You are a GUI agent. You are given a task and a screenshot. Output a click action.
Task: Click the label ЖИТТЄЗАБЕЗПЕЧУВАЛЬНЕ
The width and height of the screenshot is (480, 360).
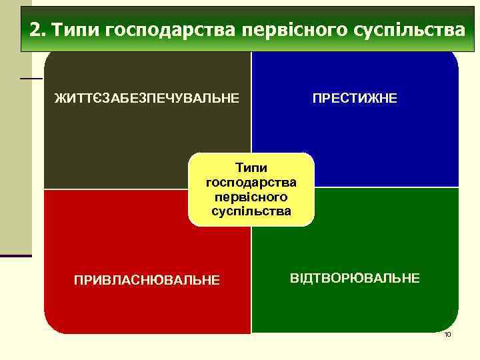point(146,99)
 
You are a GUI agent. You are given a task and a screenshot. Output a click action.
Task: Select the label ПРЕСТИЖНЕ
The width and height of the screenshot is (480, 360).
point(355,99)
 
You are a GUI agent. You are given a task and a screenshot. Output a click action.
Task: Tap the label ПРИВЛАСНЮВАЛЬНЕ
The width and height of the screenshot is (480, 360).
point(146,279)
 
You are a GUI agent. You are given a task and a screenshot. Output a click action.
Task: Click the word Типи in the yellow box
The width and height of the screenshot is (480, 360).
point(251,169)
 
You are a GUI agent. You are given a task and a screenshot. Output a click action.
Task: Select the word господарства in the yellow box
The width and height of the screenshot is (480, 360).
point(251,182)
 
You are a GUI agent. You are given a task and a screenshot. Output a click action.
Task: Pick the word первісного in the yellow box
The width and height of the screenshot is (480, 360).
point(251,197)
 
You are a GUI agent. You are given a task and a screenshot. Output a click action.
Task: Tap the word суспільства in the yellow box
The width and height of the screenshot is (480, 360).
point(251,211)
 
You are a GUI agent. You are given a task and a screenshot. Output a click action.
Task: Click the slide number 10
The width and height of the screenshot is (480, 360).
point(447,334)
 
